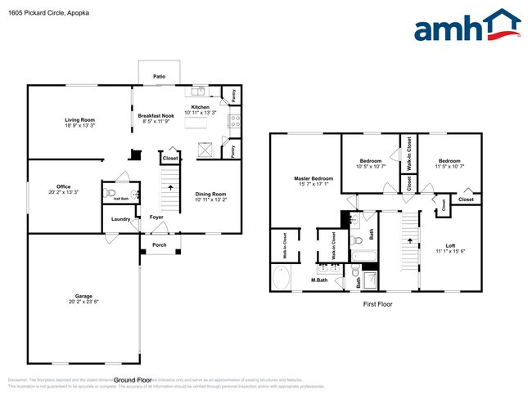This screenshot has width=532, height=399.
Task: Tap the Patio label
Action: (160, 76)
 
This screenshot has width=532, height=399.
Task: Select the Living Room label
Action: (81, 120)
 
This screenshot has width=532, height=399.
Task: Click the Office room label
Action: (63, 186)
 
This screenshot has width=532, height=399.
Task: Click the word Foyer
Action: (156, 217)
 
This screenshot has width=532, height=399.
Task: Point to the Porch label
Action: (159, 244)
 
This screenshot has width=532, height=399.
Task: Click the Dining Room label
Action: (210, 194)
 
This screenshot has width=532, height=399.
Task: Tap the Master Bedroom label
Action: (314, 178)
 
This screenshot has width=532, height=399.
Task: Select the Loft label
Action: (450, 244)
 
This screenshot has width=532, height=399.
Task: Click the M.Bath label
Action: (320, 280)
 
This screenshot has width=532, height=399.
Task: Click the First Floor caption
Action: (378, 304)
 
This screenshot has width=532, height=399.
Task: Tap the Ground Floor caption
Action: (133, 380)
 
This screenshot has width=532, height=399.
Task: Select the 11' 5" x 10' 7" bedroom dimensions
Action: (450, 167)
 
